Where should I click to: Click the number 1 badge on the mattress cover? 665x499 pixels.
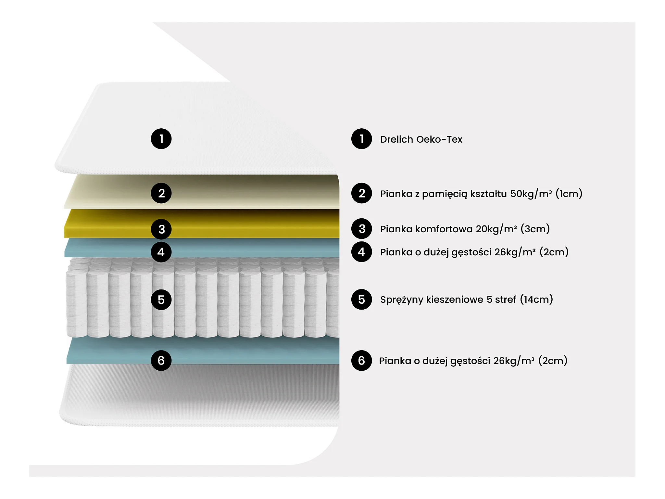[161, 139]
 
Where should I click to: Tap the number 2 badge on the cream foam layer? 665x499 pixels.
[161, 193]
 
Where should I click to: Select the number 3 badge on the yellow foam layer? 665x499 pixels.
[161, 229]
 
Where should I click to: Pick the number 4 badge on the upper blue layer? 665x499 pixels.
[161, 252]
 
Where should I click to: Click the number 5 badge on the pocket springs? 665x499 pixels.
[161, 300]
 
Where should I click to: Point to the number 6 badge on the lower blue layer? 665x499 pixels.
[161, 360]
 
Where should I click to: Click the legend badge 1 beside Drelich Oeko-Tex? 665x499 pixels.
[361, 139]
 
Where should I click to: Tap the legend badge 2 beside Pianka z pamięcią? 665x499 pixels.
[361, 193]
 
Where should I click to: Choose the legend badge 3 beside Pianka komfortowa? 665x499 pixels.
[361, 229]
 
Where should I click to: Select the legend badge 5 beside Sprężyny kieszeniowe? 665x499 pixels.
[361, 300]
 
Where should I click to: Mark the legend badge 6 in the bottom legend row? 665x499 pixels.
[361, 360]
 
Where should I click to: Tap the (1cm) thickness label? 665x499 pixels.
[569, 194]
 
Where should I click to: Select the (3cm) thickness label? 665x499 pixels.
[535, 229]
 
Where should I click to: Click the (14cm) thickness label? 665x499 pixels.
[536, 299]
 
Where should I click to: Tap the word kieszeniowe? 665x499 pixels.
[455, 300]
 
